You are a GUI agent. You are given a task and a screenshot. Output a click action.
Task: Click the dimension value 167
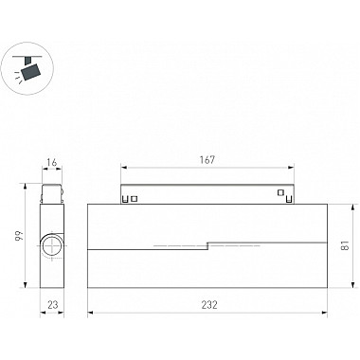tap(207, 160)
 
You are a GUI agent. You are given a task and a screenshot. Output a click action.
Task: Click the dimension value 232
tap(209, 305)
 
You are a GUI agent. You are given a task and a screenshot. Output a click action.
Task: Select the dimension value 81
tap(346, 245)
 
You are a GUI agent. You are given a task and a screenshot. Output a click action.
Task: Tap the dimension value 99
tap(19, 236)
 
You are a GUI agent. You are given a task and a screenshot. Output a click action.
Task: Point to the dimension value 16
tap(52, 162)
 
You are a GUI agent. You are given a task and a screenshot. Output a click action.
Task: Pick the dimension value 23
tap(53, 305)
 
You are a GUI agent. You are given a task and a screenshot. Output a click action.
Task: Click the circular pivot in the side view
tap(52, 245)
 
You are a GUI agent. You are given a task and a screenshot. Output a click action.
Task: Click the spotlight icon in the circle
tap(27, 68)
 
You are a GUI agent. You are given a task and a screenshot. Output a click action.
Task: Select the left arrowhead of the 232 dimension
tap(90, 313)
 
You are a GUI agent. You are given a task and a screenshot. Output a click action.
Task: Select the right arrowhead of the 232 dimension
tap(325, 313)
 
